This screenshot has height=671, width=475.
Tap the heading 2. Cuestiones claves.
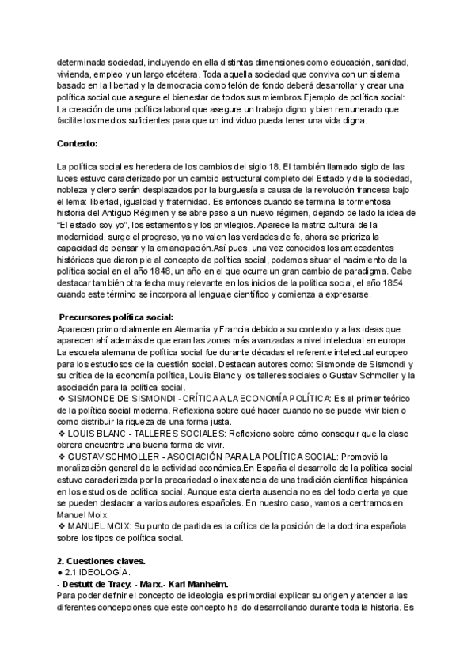tap(101, 561)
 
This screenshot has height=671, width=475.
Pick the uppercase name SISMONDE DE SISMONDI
tap(126, 398)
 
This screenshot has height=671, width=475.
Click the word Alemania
tap(191, 328)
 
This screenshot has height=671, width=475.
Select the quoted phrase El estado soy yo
tap(99, 224)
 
